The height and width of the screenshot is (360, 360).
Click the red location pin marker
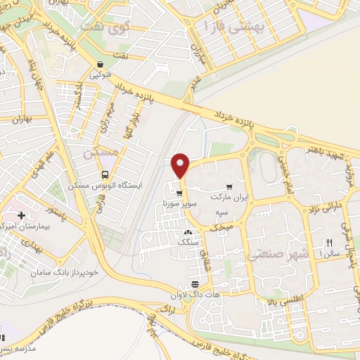tap(181, 165)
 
